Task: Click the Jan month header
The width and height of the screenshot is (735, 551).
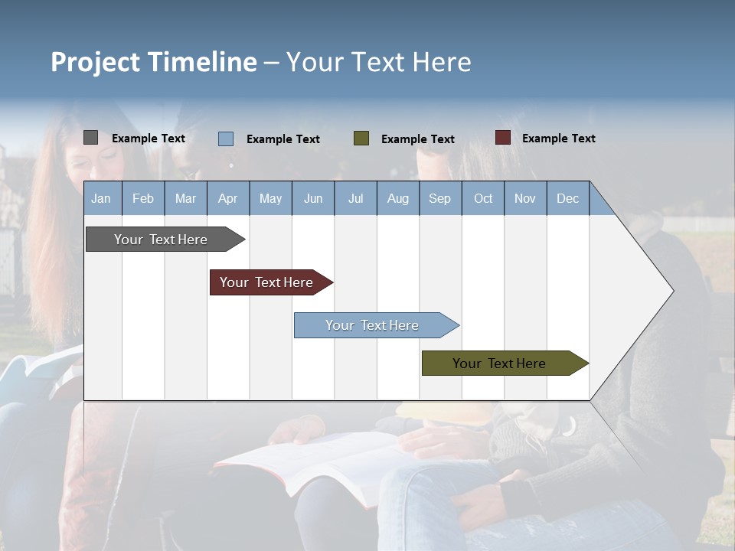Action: [x=101, y=198]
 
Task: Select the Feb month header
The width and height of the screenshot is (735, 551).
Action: [x=143, y=198]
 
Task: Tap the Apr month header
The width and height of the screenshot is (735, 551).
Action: [x=227, y=198]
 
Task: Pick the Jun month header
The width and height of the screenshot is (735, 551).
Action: [x=313, y=198]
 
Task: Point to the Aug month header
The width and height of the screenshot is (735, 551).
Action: [x=397, y=198]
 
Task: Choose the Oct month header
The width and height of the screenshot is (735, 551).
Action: [x=483, y=198]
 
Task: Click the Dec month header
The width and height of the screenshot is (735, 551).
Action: [x=567, y=198]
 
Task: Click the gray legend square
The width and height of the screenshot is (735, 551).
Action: [x=90, y=138]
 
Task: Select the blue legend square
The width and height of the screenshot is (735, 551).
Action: [x=225, y=139]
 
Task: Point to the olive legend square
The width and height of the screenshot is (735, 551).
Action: [x=361, y=139]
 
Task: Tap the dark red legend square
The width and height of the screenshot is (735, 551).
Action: [x=502, y=138]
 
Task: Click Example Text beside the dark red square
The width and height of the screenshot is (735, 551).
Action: [x=558, y=139]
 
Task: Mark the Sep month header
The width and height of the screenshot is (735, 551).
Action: [x=439, y=198]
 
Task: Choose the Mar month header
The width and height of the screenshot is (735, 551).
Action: [x=185, y=198]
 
